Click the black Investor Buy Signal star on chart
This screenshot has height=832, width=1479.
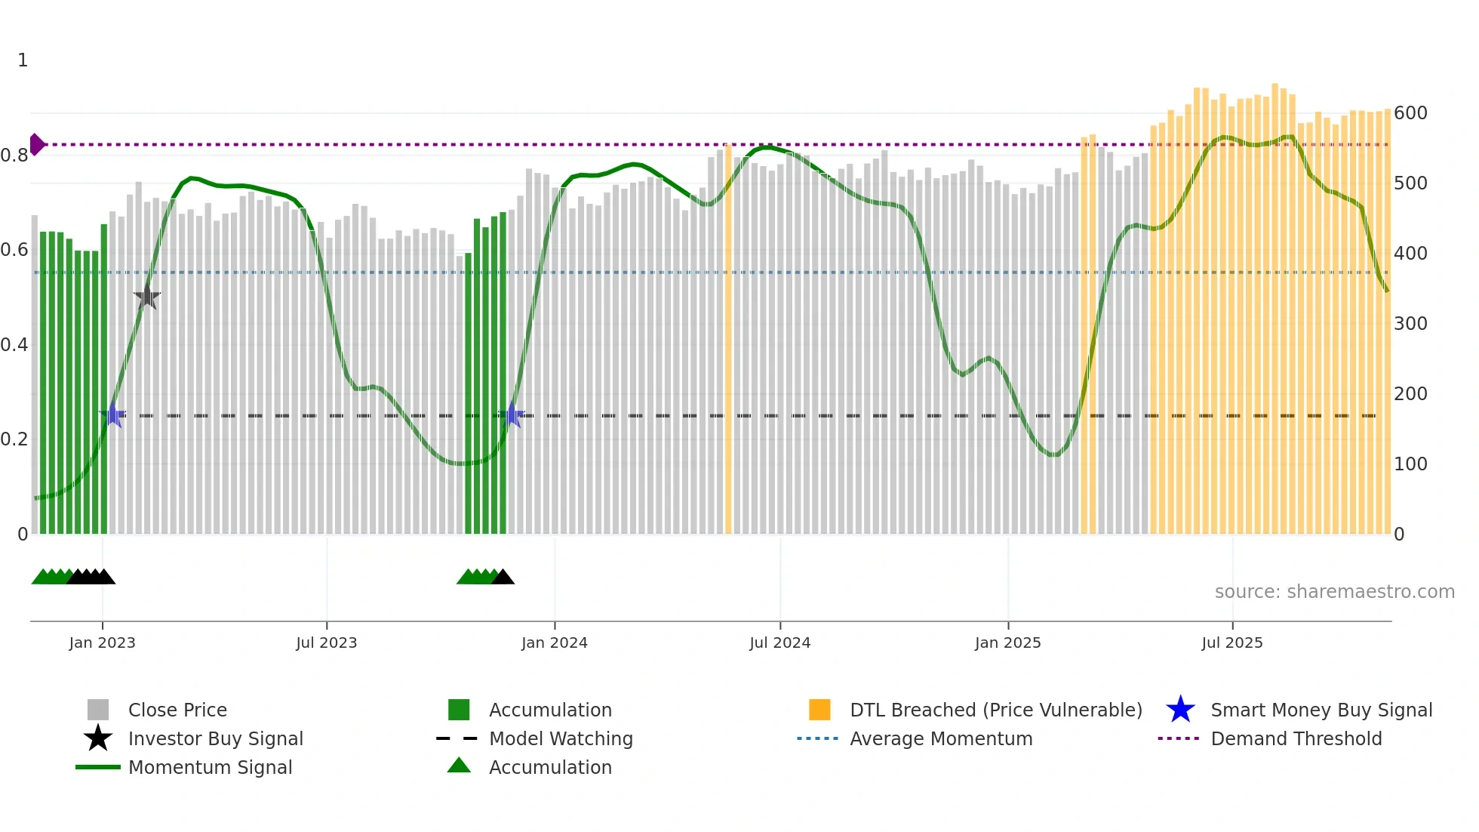tap(147, 297)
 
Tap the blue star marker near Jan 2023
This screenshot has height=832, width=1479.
tap(112, 414)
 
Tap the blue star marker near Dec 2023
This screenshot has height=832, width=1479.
tap(512, 414)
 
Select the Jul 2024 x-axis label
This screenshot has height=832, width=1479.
tap(779, 642)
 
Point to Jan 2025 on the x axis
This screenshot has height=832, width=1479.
tap(1007, 642)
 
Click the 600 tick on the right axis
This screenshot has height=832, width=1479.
tap(1410, 113)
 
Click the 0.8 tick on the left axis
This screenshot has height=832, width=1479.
tap(14, 156)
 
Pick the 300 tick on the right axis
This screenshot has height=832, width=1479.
tap(1410, 324)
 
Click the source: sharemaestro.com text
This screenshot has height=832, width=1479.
tap(1334, 592)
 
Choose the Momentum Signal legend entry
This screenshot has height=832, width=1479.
tap(210, 767)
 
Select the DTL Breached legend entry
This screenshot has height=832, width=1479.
tap(995, 710)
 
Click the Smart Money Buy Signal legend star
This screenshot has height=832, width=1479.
tap(1180, 710)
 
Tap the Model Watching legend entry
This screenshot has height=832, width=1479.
tap(560, 738)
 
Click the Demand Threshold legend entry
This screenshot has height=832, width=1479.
tap(1296, 738)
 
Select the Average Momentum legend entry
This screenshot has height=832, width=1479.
tap(940, 738)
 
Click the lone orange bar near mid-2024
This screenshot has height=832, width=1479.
tap(728, 340)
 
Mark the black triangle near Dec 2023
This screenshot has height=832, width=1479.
tap(503, 577)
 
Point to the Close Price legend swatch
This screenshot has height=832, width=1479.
tap(98, 710)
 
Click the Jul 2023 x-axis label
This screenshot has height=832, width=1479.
tap(326, 642)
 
